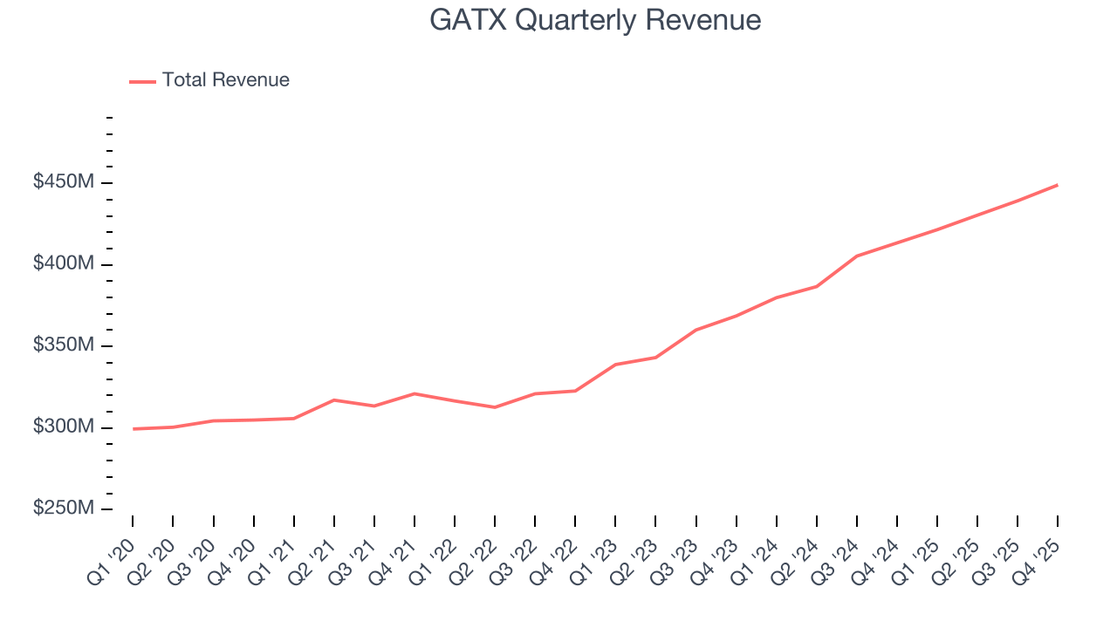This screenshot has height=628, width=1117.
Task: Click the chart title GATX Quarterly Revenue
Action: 595,20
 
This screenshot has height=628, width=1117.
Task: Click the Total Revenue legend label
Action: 225,80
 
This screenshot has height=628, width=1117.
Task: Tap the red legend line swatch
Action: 142,81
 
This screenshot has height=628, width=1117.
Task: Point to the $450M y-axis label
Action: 64,182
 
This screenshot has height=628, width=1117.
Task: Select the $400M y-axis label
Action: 64,263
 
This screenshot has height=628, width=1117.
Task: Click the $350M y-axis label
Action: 64,345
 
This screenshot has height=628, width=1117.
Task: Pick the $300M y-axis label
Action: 64,427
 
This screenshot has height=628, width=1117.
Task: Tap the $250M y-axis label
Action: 64,509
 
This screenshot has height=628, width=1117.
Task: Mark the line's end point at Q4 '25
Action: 1058,185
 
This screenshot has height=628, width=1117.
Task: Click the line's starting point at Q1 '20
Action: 133,429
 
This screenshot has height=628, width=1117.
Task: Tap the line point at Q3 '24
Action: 857,256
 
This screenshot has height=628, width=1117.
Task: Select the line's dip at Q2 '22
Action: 495,407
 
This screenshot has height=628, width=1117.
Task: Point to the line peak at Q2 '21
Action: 334,399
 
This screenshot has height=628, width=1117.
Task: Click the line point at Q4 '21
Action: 415,393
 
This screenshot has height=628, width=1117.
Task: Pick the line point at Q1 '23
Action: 615,365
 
